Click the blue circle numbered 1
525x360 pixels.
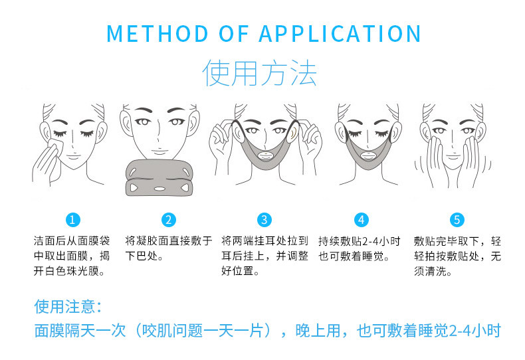74,220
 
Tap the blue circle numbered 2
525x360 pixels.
169,220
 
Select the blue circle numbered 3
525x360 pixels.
264,220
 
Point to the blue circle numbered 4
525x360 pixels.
361,220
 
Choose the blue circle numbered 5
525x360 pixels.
457,220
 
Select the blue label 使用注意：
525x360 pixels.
68,307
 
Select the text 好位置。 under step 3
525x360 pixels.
240,271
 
